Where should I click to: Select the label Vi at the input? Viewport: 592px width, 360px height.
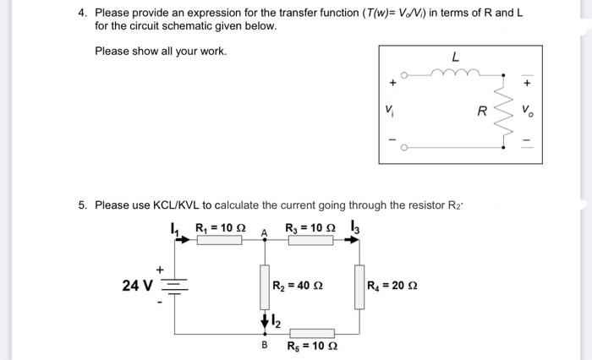(389, 110)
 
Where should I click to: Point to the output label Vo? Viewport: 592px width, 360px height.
(529, 111)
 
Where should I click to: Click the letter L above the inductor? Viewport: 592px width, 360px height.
(456, 57)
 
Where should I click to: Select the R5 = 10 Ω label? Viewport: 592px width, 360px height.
(312, 346)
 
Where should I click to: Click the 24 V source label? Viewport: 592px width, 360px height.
(136, 286)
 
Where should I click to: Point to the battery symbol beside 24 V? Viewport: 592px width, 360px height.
(175, 286)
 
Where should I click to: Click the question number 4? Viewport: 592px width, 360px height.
(82, 13)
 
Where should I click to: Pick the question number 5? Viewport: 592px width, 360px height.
(82, 205)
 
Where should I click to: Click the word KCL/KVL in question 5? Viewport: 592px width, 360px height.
(178, 205)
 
